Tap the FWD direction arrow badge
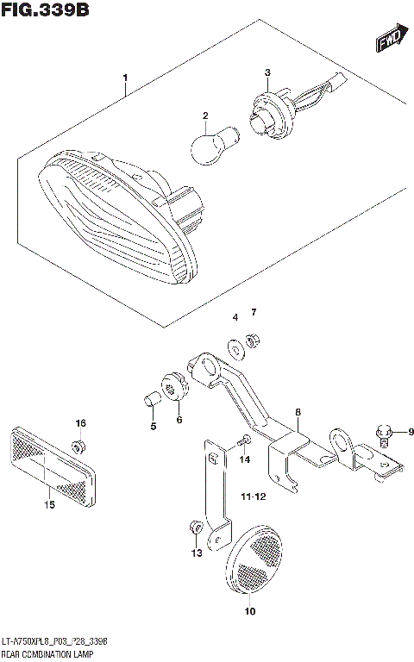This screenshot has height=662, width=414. click(387, 38)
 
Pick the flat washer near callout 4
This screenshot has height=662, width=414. click(235, 348)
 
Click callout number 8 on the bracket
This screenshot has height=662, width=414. click(298, 414)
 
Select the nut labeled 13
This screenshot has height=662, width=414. click(195, 525)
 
